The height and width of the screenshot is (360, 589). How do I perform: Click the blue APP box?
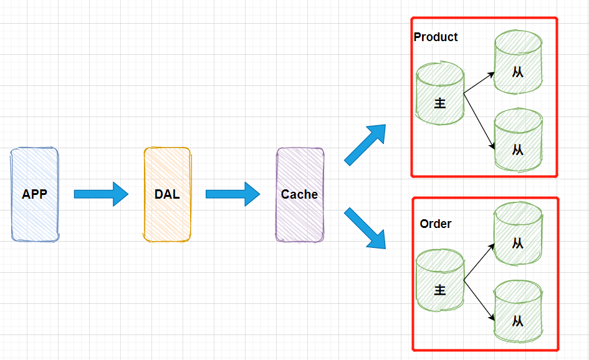(34, 194)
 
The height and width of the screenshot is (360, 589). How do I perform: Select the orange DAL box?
(167, 194)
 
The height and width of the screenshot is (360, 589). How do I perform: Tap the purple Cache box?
(300, 194)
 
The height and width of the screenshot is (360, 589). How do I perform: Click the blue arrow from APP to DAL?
(102, 194)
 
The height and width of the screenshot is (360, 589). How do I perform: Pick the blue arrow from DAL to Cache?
(233, 194)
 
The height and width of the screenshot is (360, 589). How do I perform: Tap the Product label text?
(436, 37)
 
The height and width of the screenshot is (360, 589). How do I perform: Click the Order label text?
(436, 224)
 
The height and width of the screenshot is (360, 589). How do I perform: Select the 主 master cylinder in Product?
(440, 93)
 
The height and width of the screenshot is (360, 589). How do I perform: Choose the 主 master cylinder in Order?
(440, 280)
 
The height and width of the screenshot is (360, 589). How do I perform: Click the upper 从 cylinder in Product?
(518, 62)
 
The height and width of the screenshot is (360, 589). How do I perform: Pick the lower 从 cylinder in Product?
(518, 140)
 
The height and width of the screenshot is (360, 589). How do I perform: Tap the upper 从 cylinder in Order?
(518, 234)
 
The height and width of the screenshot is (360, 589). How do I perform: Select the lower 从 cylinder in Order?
(518, 311)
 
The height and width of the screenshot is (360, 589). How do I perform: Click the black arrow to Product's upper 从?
(479, 83)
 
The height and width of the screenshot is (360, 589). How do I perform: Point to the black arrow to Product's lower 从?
(479, 121)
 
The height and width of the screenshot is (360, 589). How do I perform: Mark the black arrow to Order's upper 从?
(479, 262)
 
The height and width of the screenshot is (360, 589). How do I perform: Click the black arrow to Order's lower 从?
(479, 300)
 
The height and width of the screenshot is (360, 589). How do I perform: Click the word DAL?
(167, 194)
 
